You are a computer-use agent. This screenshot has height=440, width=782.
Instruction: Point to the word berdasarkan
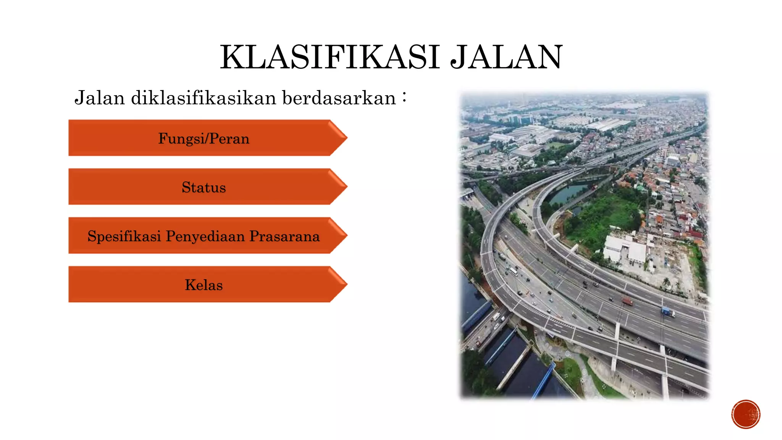(339, 98)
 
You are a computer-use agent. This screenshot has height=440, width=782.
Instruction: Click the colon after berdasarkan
(404, 97)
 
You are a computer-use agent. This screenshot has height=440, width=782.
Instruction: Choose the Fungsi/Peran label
(204, 138)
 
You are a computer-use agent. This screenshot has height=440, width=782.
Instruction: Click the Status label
(204, 187)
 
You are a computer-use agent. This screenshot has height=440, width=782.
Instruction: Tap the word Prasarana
(284, 236)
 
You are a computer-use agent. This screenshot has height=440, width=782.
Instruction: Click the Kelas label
(204, 285)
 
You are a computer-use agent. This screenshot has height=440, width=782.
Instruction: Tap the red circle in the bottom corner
(746, 414)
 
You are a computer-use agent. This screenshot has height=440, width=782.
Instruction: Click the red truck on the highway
(627, 301)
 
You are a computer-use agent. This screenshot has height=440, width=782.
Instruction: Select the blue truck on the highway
(667, 312)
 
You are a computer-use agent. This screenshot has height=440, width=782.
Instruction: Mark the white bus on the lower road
(514, 271)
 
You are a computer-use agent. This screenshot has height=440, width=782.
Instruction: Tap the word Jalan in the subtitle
(100, 98)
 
